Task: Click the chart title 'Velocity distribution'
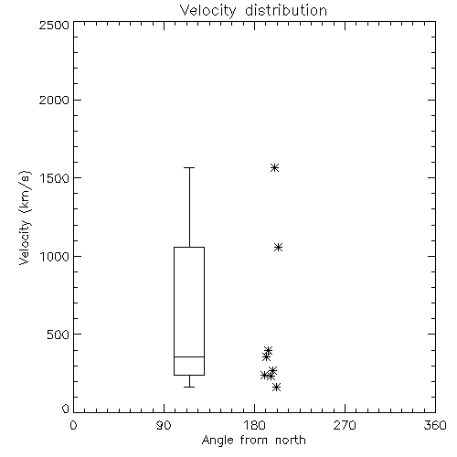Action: (253, 11)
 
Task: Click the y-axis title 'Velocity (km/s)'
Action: (25, 218)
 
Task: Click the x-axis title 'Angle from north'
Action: (253, 441)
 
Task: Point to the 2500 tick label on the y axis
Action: (54, 25)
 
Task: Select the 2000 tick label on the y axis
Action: (54, 100)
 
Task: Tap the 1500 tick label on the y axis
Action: (55, 178)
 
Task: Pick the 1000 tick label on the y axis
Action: (55, 256)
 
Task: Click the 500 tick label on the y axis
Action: (58, 335)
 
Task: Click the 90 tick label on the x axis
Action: (164, 425)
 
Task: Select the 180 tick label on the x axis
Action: (254, 425)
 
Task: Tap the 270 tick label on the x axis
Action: (345, 425)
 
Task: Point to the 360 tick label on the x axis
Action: (435, 425)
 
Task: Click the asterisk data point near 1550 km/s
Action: (274, 167)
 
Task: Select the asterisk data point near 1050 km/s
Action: (278, 247)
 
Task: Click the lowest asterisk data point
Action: (276, 387)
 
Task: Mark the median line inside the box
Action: (189, 356)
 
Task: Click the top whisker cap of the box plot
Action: (189, 167)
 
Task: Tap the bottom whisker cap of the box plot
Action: (189, 387)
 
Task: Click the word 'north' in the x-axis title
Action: (291, 441)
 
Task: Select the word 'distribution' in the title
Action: (286, 11)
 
